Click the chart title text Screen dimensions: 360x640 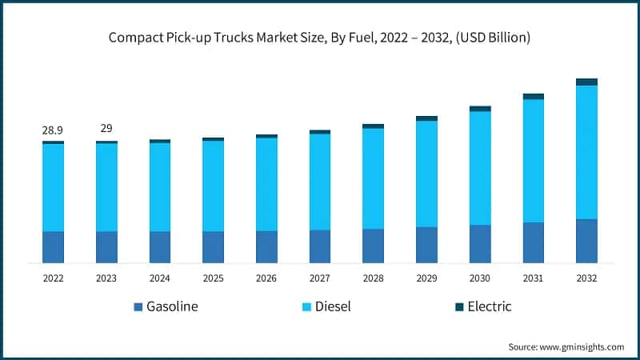[320, 38]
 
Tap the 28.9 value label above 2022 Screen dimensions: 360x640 [53, 130]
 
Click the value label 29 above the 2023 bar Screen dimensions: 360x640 [106, 129]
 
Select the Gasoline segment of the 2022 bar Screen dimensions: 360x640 [53, 246]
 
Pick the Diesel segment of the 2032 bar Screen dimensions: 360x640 [586, 152]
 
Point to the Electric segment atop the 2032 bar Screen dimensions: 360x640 [586, 82]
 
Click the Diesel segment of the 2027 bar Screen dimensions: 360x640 [320, 182]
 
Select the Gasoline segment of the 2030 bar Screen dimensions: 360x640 [480, 243]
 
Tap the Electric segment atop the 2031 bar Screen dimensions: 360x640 [533, 96]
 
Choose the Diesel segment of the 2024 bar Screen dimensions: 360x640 [160, 187]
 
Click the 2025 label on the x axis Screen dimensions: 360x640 [213, 278]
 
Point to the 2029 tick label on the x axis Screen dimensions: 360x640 [426, 278]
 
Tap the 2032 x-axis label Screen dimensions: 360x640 [586, 278]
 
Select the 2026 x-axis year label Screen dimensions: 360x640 [266, 278]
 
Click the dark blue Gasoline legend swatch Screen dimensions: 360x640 [138, 307]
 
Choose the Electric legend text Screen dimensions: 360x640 [489, 306]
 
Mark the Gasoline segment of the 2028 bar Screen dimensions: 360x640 [373, 246]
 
